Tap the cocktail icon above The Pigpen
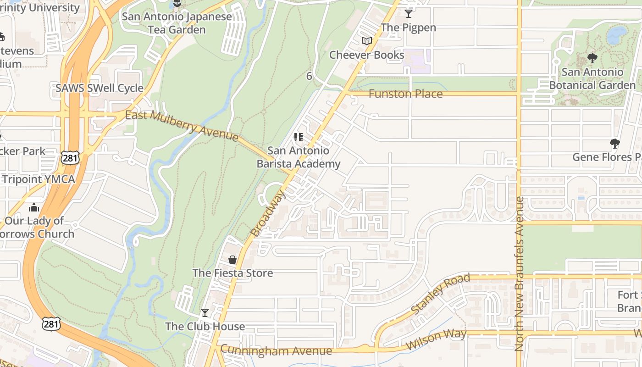tap(409, 14)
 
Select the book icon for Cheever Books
tap(366, 41)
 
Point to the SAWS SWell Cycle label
tap(100, 88)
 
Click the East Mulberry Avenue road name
tap(182, 125)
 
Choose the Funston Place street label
tap(406, 94)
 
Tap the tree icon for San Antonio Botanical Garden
tap(592, 58)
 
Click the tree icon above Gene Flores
tap(615, 144)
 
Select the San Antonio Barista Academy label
tap(299, 157)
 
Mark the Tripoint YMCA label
tap(38, 179)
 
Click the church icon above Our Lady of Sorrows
tap(34, 208)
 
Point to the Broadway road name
tap(268, 214)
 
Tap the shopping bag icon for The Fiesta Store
tap(232, 260)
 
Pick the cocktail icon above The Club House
tap(205, 313)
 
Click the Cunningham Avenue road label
tap(276, 350)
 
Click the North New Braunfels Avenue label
tap(519, 274)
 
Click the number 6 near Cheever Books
tap(309, 76)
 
